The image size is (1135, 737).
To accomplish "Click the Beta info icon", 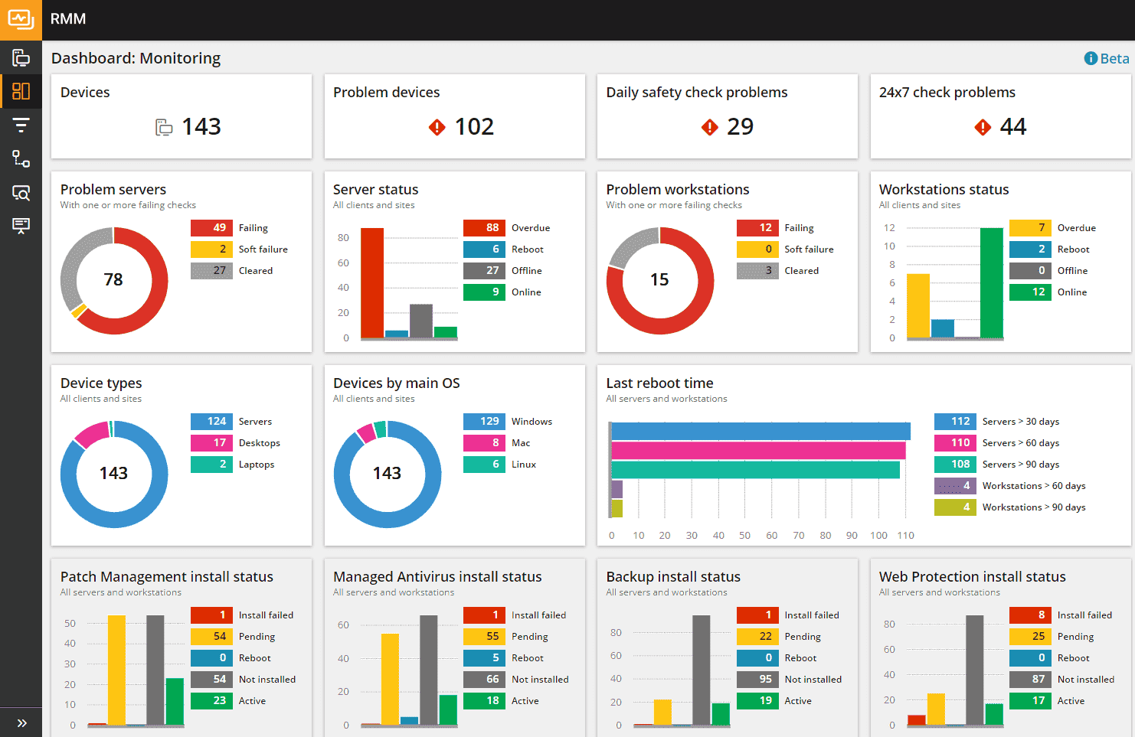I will pos(1091,59).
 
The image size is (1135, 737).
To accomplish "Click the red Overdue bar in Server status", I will pos(372,282).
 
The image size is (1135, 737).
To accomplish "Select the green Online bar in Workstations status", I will pos(991,282).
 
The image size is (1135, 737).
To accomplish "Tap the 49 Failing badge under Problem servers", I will pos(211,228).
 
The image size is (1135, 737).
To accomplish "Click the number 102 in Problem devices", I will pos(474,126).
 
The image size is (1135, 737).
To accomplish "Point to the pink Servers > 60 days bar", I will pos(758,451).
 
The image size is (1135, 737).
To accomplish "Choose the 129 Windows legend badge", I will pos(484,422).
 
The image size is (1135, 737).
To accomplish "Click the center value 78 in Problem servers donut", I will pos(113,280).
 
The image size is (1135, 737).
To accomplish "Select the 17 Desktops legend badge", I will pos(211,443).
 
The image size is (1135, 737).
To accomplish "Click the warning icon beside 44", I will pos(983,127).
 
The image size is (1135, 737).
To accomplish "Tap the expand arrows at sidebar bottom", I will pos(21,722).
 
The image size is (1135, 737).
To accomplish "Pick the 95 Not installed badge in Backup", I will pos(757,680).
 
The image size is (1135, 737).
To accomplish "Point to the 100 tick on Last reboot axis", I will pos(878,536).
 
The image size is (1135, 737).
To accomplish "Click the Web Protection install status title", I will pos(972,577).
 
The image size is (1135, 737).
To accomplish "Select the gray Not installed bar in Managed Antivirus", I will pos(429,670).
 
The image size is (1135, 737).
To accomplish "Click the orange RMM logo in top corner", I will pos(21,20).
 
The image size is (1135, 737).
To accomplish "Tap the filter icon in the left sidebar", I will pos(21,125).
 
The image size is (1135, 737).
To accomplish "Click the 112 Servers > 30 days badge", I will pos(955,422).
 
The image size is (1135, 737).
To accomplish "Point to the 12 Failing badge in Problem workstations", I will pos(757,228).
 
